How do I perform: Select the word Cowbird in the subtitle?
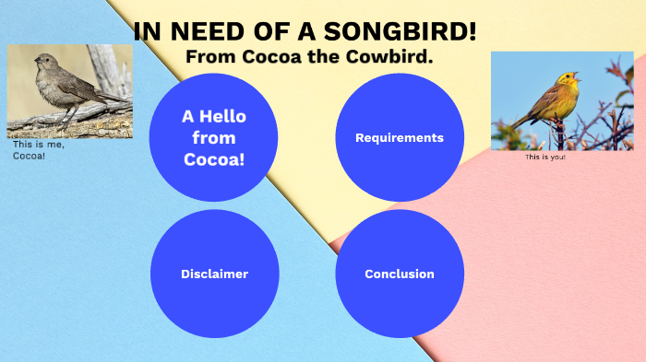pos(393,57)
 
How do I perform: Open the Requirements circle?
pos(399,137)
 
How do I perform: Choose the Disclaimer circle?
pos(214,274)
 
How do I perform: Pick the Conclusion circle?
pos(399,274)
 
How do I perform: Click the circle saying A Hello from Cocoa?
pos(214,137)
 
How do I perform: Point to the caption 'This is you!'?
pos(544,158)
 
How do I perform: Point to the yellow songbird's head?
pos(568,81)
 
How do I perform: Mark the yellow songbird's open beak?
pos(579,77)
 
